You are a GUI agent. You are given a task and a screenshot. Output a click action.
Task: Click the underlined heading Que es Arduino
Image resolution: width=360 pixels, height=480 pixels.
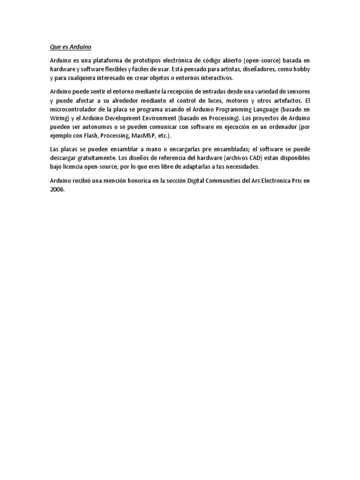[x=70, y=47]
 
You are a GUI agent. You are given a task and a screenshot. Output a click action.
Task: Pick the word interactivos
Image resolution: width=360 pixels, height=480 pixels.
[x=213, y=77]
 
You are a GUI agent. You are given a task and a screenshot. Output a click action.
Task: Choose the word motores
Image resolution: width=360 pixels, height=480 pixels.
[x=230, y=101]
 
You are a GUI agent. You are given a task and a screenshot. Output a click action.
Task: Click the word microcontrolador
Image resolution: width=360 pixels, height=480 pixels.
[x=75, y=110]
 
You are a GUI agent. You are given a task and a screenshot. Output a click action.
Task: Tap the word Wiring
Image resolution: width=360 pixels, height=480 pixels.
[x=59, y=118]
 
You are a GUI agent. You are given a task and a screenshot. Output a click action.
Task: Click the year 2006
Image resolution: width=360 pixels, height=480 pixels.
[x=57, y=189]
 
